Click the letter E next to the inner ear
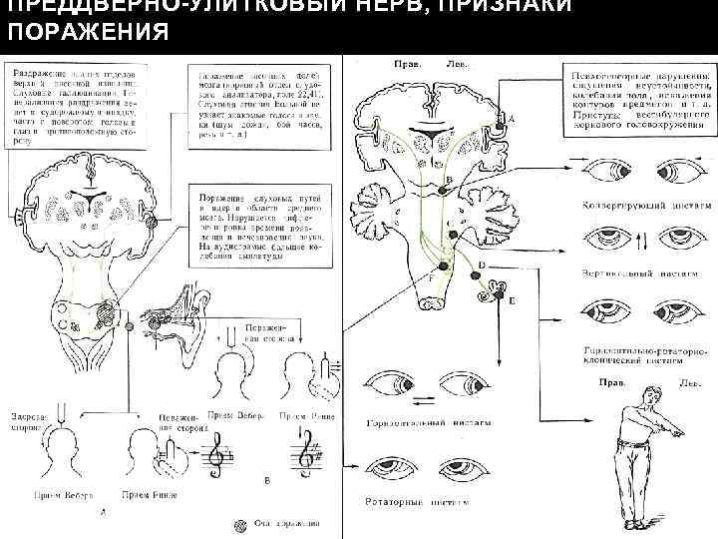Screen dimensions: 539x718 [513, 297]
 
